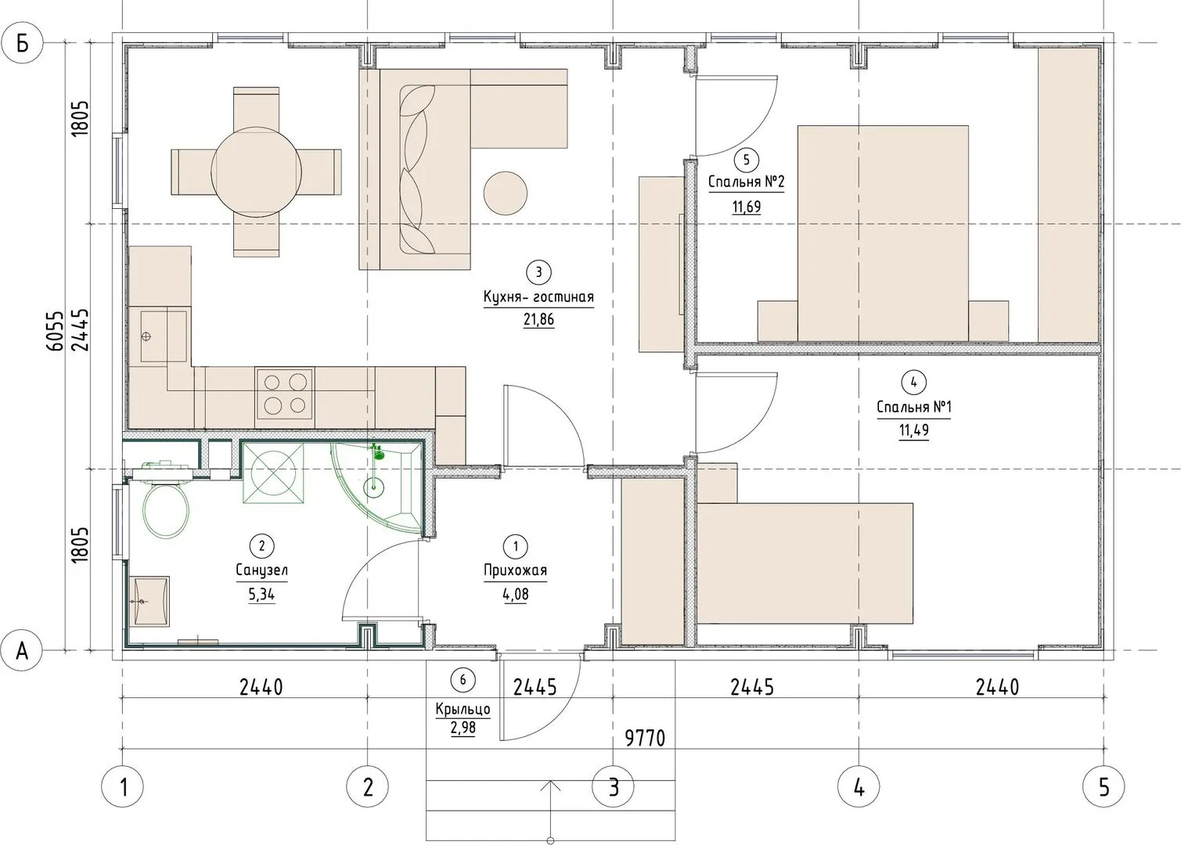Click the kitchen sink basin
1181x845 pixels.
point(163,336)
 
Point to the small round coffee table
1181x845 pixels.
point(506,193)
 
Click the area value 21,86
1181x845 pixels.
point(538,319)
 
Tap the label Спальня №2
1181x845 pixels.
point(746,182)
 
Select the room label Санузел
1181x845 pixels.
point(261,570)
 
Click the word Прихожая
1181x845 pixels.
point(516,570)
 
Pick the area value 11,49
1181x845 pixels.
point(913,430)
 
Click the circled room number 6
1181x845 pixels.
point(463,680)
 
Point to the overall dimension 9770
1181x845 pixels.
point(645,739)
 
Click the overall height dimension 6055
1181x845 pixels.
point(54,331)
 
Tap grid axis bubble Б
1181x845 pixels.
point(22,45)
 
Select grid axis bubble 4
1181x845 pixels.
point(859,788)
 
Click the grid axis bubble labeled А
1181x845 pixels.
point(22,651)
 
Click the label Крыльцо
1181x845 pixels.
point(463,710)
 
